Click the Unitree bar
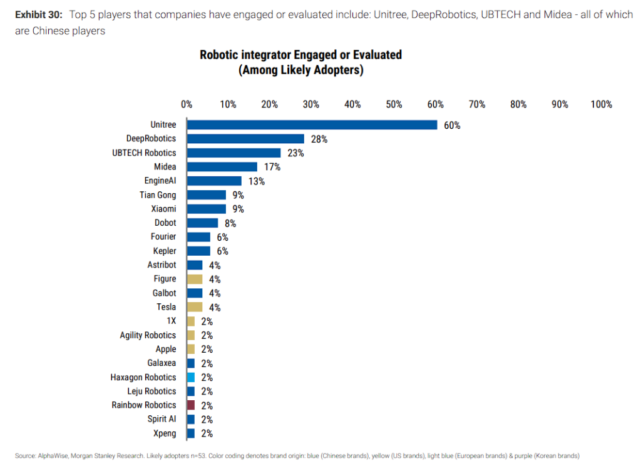[x=312, y=125]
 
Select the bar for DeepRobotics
[x=245, y=139]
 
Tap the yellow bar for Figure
[x=195, y=279]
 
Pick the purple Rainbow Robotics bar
[x=191, y=405]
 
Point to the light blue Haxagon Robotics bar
[x=191, y=377]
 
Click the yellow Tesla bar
[x=195, y=307]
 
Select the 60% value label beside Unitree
[x=452, y=125]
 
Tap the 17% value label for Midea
[x=272, y=167]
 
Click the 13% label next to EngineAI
[x=257, y=181]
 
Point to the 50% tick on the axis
[x=394, y=104]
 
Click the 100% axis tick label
[x=601, y=104]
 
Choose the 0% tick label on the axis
[x=187, y=104]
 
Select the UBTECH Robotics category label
[x=144, y=153]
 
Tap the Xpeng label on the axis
[x=165, y=433]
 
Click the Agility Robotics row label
[x=148, y=335]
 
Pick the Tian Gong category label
[x=158, y=195]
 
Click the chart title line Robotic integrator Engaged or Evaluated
[x=300, y=55]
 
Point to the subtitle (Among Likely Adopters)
[x=300, y=70]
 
